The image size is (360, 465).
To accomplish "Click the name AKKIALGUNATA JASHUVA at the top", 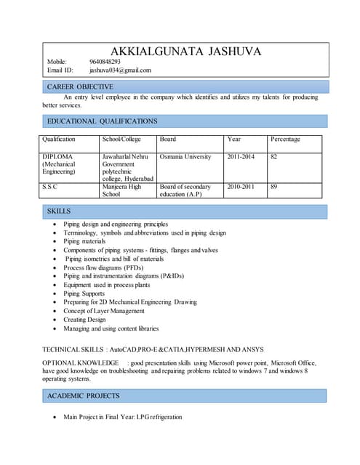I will coord(185,52).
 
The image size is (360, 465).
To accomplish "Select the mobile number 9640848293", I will coord(105,62).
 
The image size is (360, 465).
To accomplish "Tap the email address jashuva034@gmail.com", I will coord(120,70).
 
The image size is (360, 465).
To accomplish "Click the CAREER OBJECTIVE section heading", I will coord(80,86).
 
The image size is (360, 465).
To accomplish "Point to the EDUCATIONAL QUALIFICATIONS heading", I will coord(102,121).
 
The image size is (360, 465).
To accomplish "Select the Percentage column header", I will coord(285,139).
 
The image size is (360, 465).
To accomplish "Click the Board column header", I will coord(167,139).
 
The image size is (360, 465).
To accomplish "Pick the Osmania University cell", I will coord(185,157).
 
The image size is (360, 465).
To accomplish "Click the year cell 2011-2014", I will coord(241,157).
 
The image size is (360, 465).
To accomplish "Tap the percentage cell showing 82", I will coord(274,157).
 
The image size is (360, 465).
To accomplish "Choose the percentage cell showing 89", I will coord(274,187).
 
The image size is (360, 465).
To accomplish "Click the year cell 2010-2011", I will coord(241,187).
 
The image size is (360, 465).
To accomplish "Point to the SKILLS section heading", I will coord(59,211).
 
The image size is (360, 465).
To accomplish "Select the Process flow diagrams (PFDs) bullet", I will coord(103,267).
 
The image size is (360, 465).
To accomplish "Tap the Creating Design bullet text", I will coord(84,320).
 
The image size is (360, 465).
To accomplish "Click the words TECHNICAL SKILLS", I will coord(73,349).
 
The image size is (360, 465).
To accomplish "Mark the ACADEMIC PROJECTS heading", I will coord(84,396).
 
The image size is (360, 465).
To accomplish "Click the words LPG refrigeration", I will coord(159,417).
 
